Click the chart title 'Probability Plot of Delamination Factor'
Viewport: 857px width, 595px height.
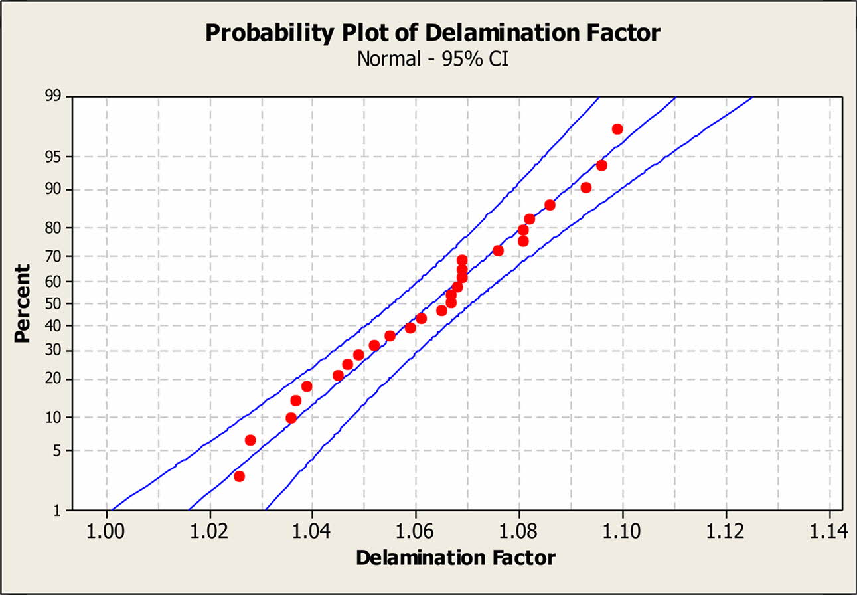(432, 32)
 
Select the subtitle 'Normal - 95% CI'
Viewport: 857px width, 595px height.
(432, 59)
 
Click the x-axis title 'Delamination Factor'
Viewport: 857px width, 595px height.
(455, 558)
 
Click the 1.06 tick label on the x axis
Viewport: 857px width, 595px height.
(416, 531)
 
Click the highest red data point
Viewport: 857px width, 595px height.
(617, 129)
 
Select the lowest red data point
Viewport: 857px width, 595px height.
(240, 476)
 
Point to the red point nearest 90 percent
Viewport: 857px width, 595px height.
(586, 187)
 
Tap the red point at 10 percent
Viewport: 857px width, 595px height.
(291, 418)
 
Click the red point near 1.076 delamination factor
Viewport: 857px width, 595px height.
(498, 250)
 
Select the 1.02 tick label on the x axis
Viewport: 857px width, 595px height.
(210, 531)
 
